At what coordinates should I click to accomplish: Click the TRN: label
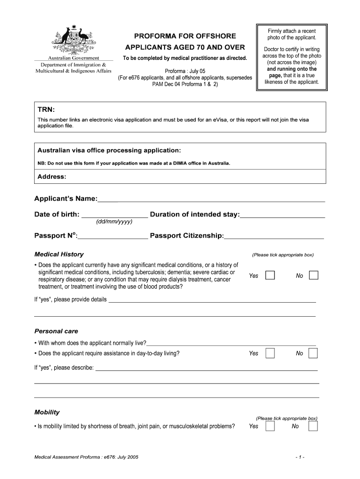pyautogui.click(x=46, y=109)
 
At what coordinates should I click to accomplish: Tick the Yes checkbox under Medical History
pyautogui.click(x=270, y=275)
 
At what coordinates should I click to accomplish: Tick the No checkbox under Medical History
pyautogui.click(x=314, y=275)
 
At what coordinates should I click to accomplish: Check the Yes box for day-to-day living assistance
pyautogui.click(x=270, y=353)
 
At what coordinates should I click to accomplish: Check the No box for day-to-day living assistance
pyautogui.click(x=313, y=353)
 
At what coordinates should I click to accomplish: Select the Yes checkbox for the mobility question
pyautogui.click(x=270, y=426)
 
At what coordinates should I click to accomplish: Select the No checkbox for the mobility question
pyautogui.click(x=313, y=426)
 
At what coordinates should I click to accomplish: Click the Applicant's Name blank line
pyautogui.click(x=211, y=200)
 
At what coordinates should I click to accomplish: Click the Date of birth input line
pyautogui.click(x=115, y=216)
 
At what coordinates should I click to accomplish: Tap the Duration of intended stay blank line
pyautogui.click(x=282, y=216)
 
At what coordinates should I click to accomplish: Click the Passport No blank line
pyautogui.click(x=113, y=237)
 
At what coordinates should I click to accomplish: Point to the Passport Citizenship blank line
pyautogui.click(x=274, y=237)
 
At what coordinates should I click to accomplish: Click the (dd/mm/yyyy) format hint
pyautogui.click(x=114, y=221)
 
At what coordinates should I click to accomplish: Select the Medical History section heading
pyautogui.click(x=59, y=254)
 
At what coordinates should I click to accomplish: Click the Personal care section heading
pyautogui.click(x=56, y=331)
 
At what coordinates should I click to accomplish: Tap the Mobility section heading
pyautogui.click(x=47, y=412)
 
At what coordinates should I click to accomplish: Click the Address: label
pyautogui.click(x=51, y=177)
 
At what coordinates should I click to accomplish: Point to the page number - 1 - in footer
pyautogui.click(x=300, y=457)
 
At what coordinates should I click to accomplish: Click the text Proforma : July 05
pyautogui.click(x=184, y=71)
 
